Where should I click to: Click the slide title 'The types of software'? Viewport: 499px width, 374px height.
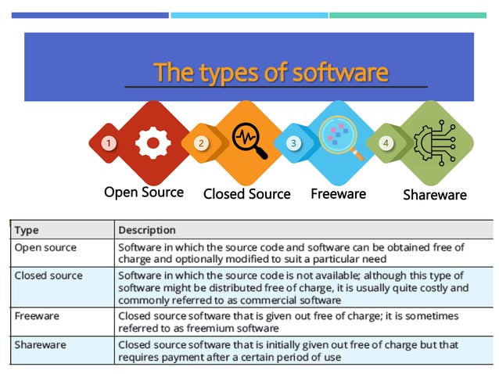click(271, 73)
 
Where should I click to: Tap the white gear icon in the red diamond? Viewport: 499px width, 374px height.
click(153, 142)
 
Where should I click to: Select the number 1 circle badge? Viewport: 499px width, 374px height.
click(108, 143)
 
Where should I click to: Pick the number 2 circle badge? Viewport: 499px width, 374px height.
click(201, 143)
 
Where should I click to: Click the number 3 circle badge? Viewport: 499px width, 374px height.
click(293, 143)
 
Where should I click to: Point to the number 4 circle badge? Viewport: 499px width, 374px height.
click(386, 143)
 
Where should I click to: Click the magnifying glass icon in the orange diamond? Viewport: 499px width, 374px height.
click(249, 142)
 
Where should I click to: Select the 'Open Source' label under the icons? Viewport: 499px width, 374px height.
click(144, 192)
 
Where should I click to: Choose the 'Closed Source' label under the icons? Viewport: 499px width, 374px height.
click(246, 194)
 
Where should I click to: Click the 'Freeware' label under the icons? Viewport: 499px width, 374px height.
click(338, 192)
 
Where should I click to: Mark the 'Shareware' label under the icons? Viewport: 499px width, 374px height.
click(434, 195)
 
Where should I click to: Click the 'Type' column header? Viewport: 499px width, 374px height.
click(27, 230)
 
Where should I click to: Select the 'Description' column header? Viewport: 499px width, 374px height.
click(147, 230)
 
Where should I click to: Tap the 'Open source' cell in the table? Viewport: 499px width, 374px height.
click(45, 247)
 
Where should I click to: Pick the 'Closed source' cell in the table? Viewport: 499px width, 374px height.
click(48, 275)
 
